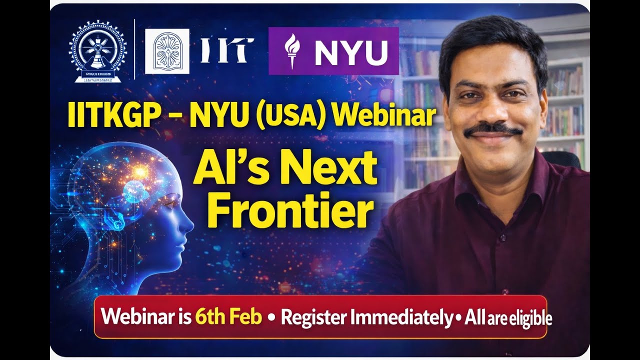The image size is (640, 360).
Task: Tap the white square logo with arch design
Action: [x=167, y=51]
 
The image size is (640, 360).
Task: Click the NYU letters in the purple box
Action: [x=351, y=52]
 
